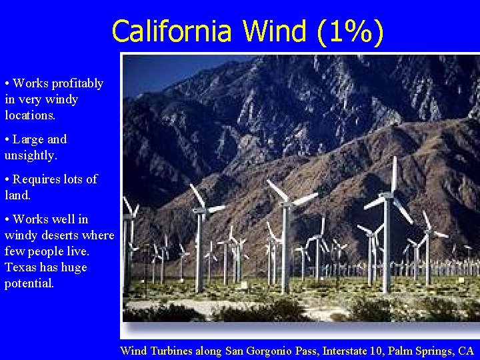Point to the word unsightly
click(x=31, y=155)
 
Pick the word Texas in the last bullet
click(x=19, y=267)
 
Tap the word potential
click(x=29, y=283)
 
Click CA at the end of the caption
click(x=466, y=351)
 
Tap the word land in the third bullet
click(x=17, y=195)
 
